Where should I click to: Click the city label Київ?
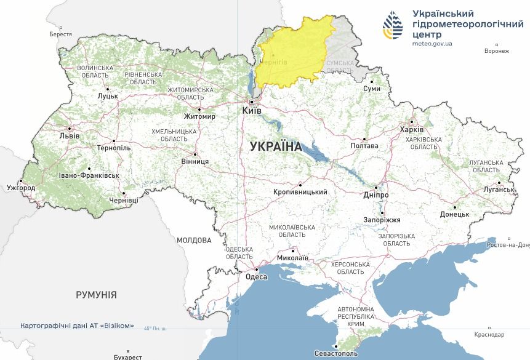tap(252, 110)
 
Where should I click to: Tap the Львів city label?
tap(68, 135)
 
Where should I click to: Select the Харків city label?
tap(412, 130)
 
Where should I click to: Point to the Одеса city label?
tap(257, 277)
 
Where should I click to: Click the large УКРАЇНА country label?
tap(276, 146)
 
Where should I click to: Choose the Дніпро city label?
tap(375, 195)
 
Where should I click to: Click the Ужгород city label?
tap(21, 187)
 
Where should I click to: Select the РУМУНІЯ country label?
tap(96, 295)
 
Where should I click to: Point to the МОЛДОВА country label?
tap(194, 240)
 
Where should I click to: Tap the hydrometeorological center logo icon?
tap(393, 25)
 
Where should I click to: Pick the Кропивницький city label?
tap(300, 192)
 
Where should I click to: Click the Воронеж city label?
tap(497, 51)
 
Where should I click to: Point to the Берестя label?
tap(60, 34)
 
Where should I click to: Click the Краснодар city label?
tap(489, 335)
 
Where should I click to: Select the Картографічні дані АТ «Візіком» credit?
tap(77, 326)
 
